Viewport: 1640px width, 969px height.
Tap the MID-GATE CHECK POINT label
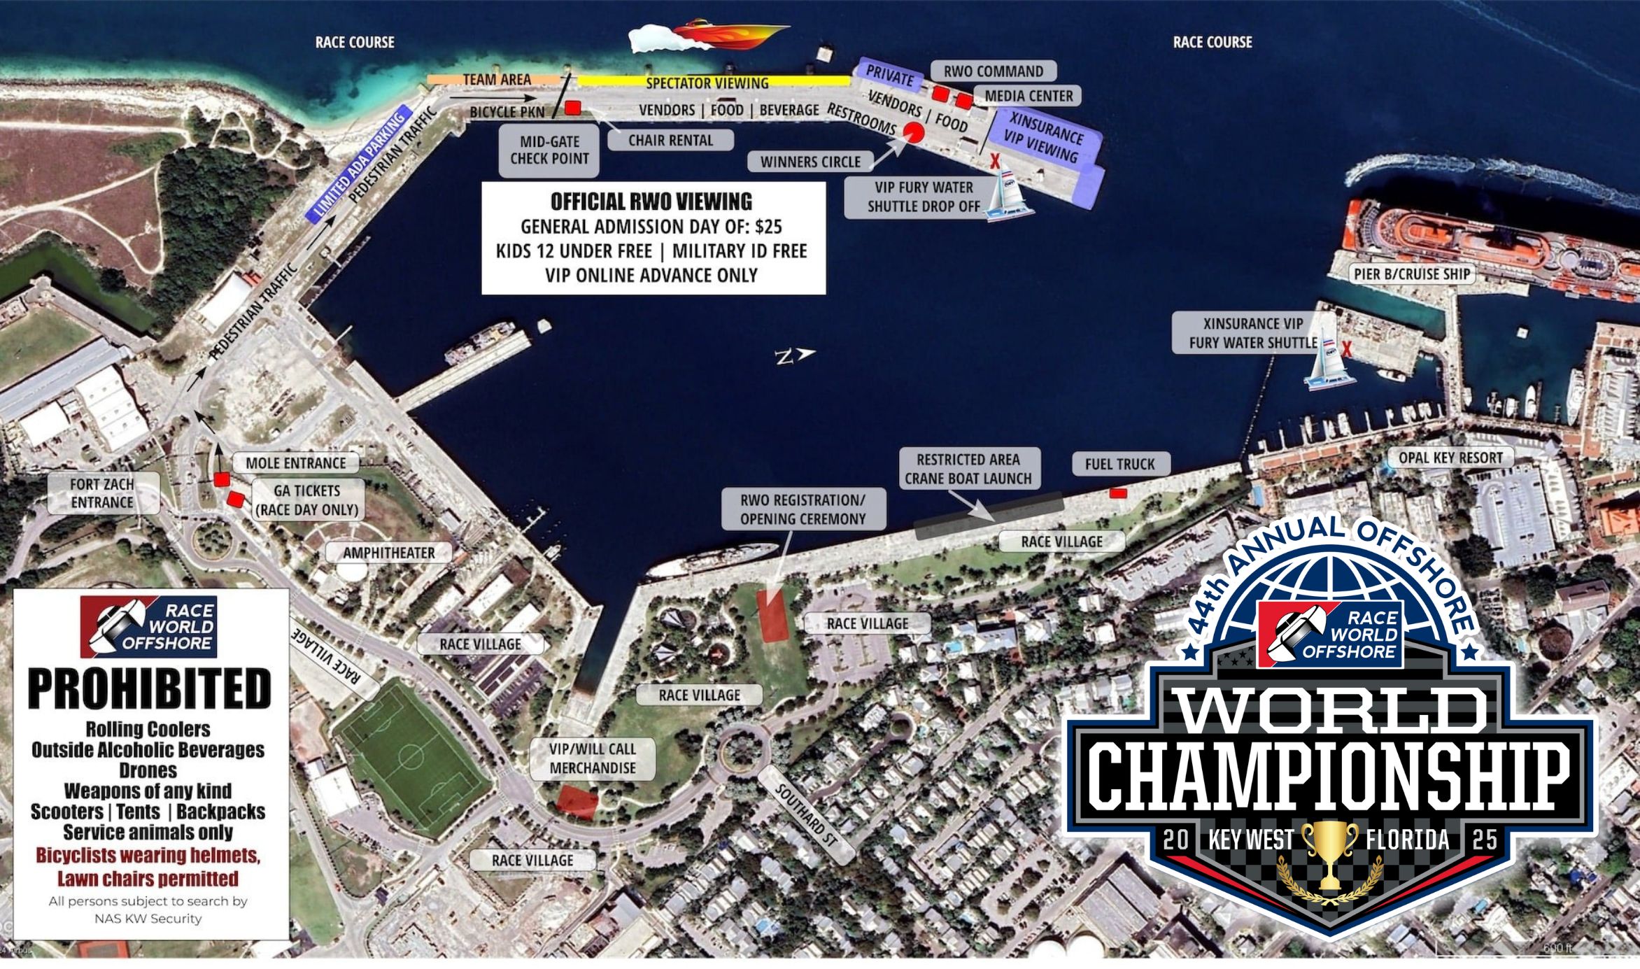pyautogui.click(x=549, y=150)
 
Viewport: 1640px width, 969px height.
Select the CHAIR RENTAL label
pyautogui.click(x=670, y=140)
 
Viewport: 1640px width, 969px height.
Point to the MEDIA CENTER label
pyautogui.click(x=1028, y=96)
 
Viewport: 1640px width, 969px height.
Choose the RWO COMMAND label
pyautogui.click(x=993, y=71)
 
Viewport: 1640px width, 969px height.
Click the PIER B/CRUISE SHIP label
pyautogui.click(x=1411, y=274)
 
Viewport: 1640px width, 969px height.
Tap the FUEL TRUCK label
pyautogui.click(x=1119, y=464)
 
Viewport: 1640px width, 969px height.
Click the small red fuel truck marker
pyautogui.click(x=1118, y=493)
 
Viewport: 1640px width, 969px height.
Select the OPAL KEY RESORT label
pyautogui.click(x=1450, y=458)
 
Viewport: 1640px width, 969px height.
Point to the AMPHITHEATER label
pyautogui.click(x=388, y=553)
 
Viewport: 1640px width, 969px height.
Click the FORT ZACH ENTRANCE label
pyautogui.click(x=102, y=493)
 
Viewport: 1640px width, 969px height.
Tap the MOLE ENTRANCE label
pyautogui.click(x=296, y=462)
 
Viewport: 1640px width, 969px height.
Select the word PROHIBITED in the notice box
pyautogui.click(x=149, y=688)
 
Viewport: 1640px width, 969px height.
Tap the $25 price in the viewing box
pyautogui.click(x=768, y=227)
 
